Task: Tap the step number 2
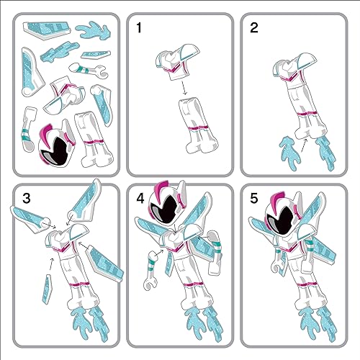[254, 29]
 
